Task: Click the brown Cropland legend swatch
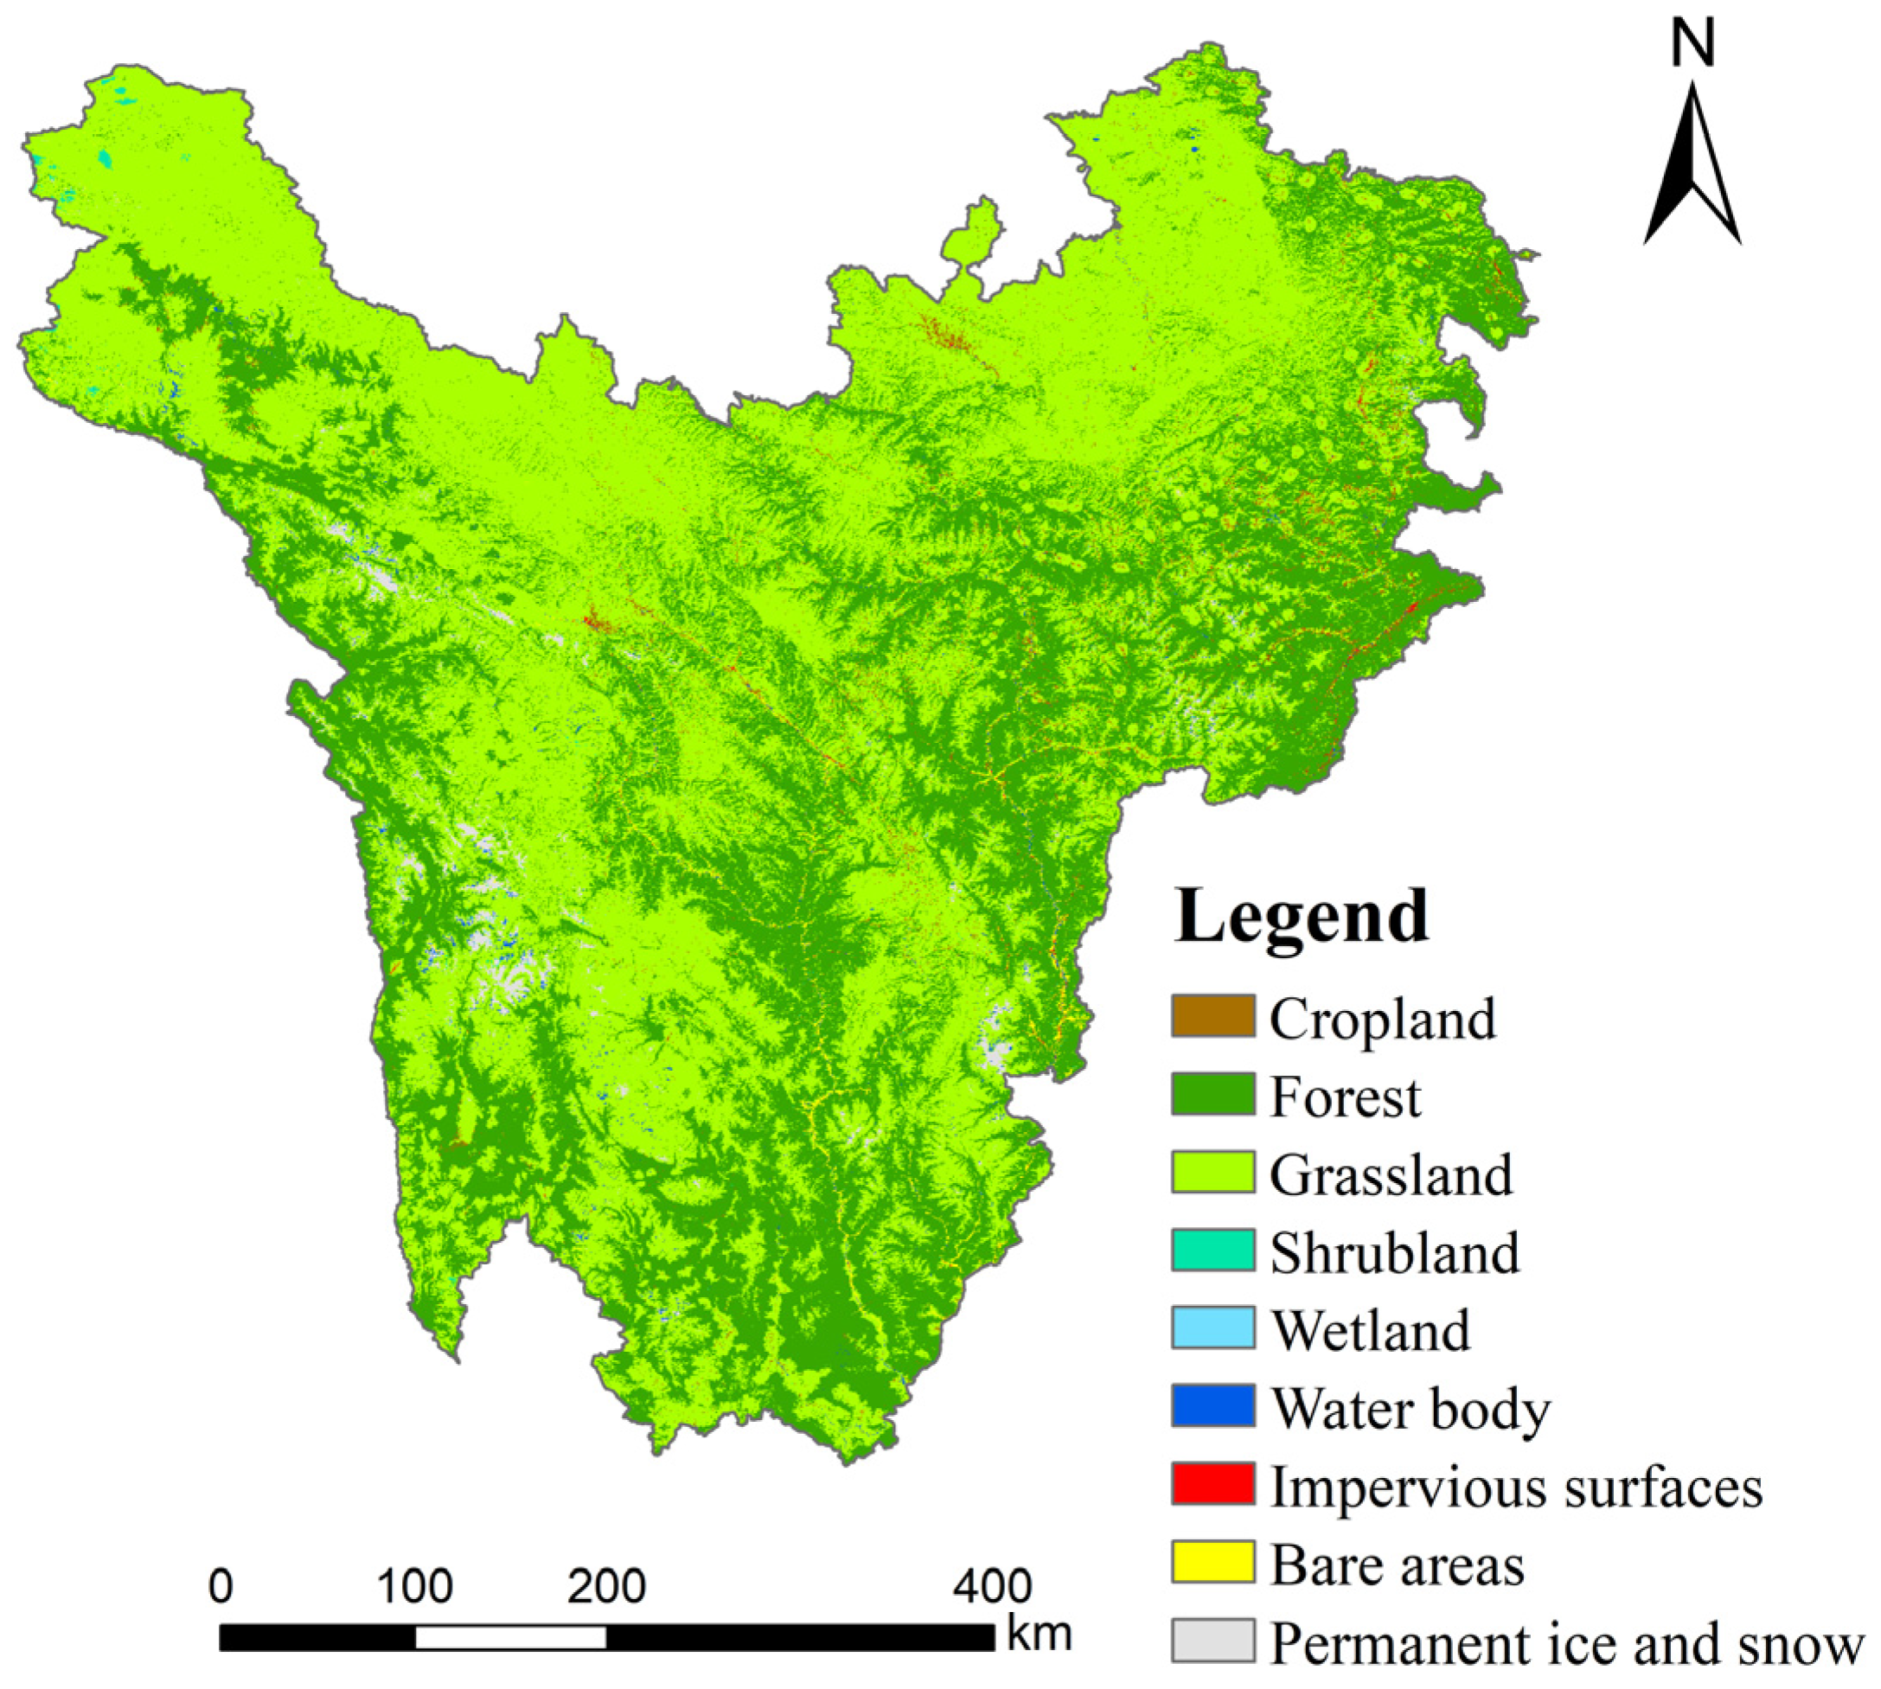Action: coord(1212,1016)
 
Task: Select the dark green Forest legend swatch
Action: coord(1212,1094)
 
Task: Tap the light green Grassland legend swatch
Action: coord(1212,1172)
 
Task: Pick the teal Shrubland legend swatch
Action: coord(1212,1250)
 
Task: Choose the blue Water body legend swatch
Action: coord(1212,1406)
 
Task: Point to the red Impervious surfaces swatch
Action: coord(1212,1484)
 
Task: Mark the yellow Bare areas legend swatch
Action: coord(1212,1562)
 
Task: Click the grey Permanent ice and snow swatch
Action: coord(1212,1640)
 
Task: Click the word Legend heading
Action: coord(1301,917)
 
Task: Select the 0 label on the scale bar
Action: coord(221,1586)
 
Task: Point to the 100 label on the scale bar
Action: coord(415,1586)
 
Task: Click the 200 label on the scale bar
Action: coord(607,1586)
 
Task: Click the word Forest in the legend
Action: coord(1345,1097)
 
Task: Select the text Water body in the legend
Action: coord(1410,1409)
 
